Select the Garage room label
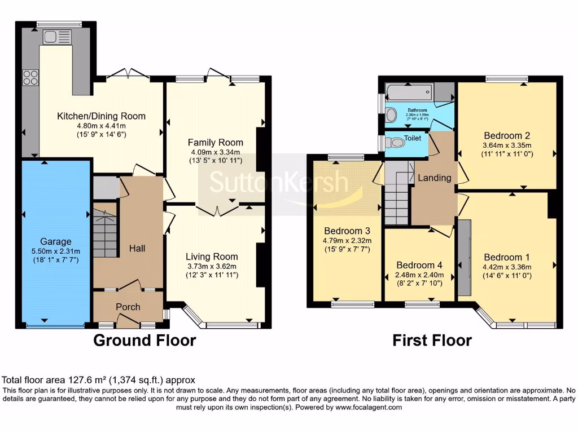pyautogui.click(x=55, y=242)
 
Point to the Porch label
pyautogui.click(x=128, y=307)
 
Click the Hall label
pyautogui.click(x=137, y=248)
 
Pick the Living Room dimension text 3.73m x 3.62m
pyautogui.click(x=212, y=266)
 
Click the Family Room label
pyautogui.click(x=215, y=142)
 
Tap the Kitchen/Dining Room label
pyautogui.click(x=101, y=116)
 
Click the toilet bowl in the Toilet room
pyautogui.click(x=397, y=143)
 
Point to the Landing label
pyautogui.click(x=434, y=178)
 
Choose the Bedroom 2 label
pyautogui.click(x=506, y=135)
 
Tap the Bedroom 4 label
pyautogui.click(x=419, y=265)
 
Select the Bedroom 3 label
pyautogui.click(x=347, y=231)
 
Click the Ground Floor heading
pyautogui.click(x=144, y=341)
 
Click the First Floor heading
pyautogui.click(x=432, y=341)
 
